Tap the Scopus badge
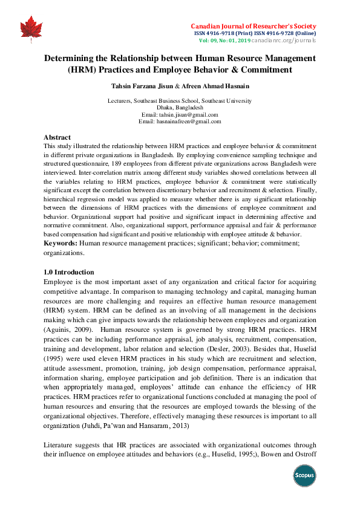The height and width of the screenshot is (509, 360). (x=305, y=475)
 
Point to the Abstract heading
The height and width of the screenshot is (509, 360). (x=57, y=137)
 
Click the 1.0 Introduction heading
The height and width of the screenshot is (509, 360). (x=70, y=272)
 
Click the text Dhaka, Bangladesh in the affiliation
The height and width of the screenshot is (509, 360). (x=180, y=108)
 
